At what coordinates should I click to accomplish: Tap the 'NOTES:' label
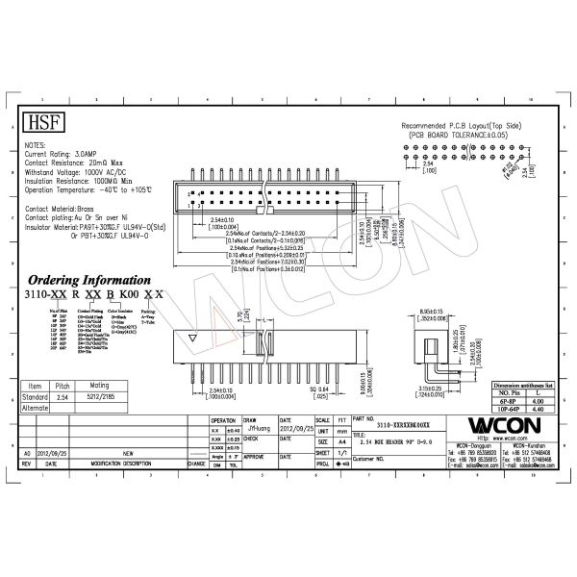tap(35, 144)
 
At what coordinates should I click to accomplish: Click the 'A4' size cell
tap(342, 442)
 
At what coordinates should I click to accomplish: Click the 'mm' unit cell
tap(342, 433)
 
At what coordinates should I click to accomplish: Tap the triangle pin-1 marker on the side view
tap(194, 339)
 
